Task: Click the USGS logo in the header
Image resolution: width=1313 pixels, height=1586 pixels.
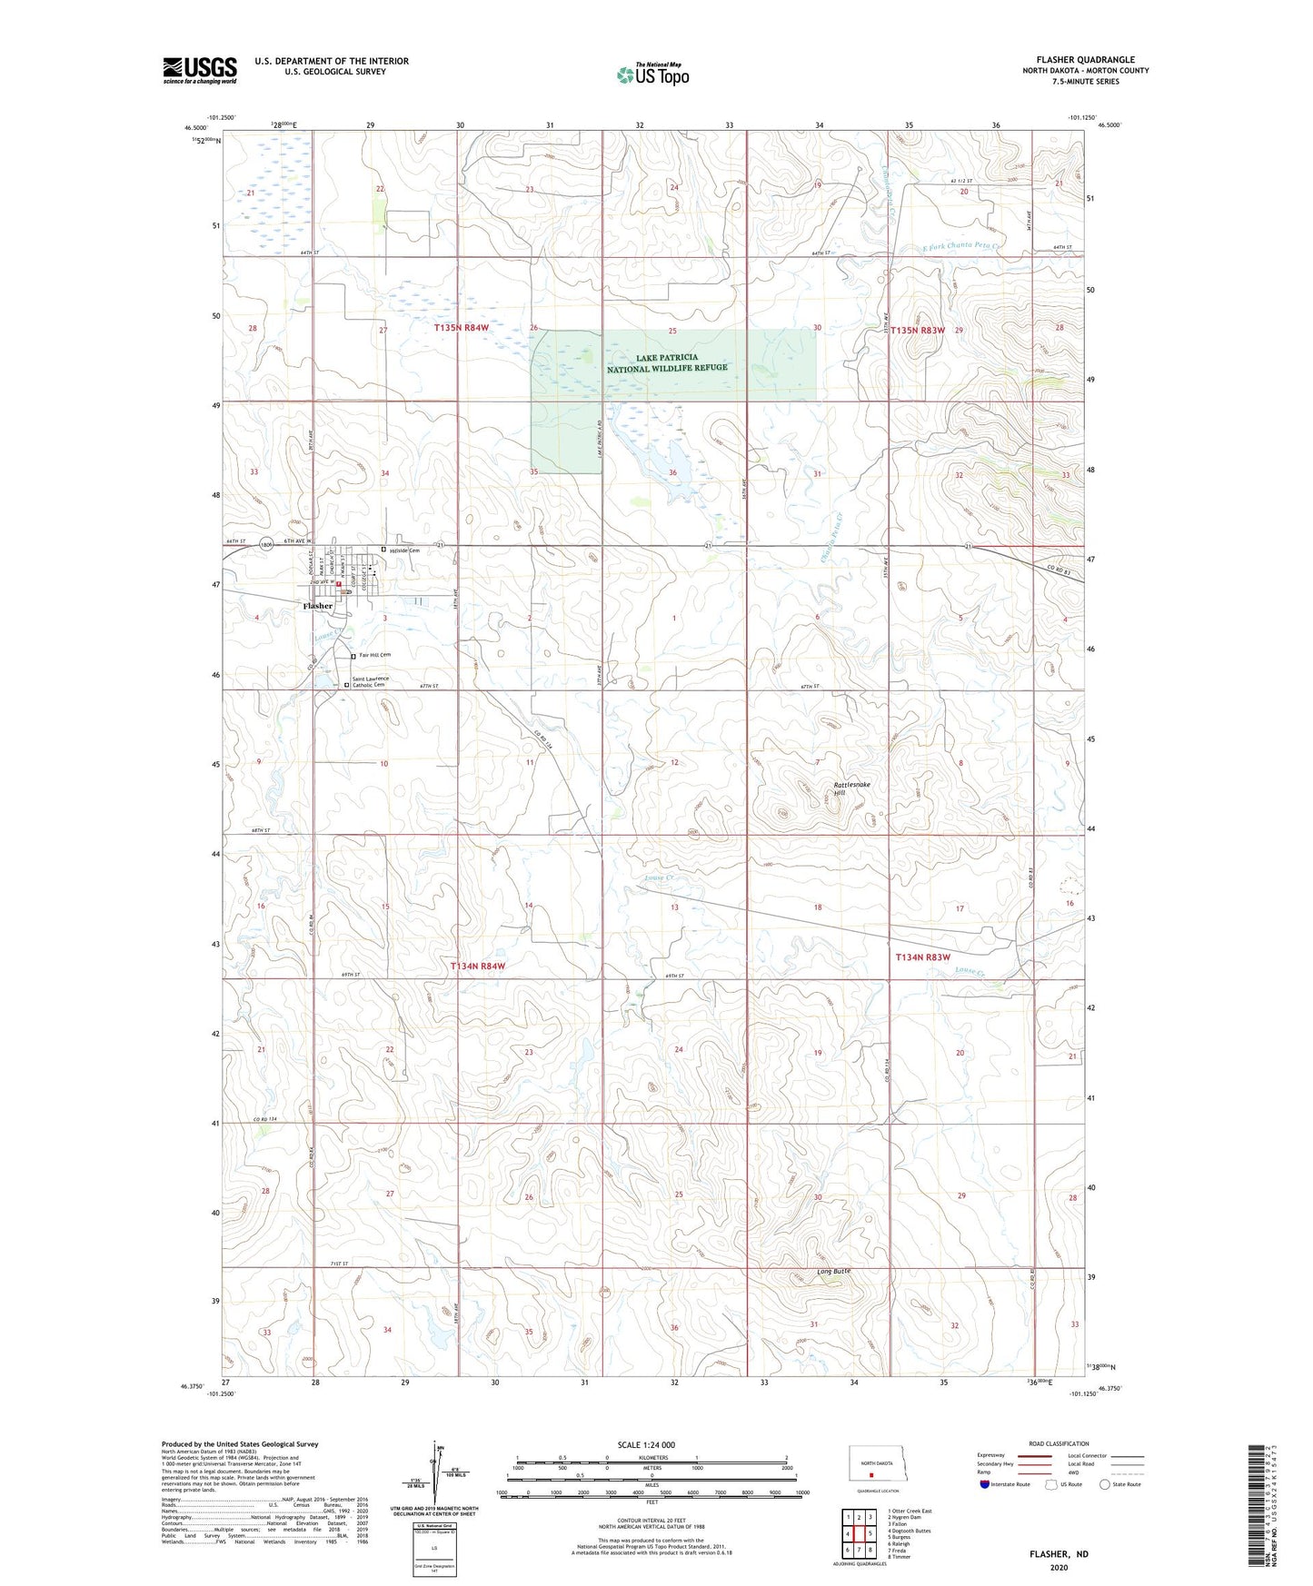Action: (200, 70)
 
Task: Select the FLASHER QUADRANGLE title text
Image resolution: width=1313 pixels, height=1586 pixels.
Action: (1085, 60)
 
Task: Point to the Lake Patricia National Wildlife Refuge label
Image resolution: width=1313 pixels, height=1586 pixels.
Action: (667, 362)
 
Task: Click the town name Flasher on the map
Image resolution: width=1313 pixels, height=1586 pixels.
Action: (318, 606)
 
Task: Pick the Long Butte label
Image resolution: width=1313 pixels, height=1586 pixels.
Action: (833, 1271)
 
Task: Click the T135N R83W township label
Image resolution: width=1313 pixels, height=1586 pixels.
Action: (918, 331)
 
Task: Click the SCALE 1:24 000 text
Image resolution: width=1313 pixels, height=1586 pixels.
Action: (645, 1444)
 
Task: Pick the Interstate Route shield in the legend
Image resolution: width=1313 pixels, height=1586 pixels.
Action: (986, 1484)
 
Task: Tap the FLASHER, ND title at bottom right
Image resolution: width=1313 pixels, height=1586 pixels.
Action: (1059, 1554)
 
